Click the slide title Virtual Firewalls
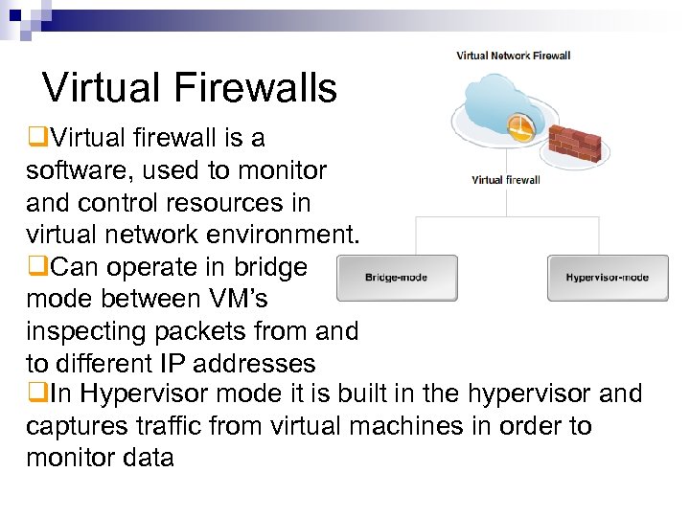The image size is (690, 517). pos(190,88)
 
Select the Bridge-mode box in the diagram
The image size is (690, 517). pos(396,277)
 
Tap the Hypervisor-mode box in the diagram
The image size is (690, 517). pos(607,277)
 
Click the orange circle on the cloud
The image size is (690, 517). pos(520,128)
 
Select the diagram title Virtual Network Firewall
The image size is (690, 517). pos(513,56)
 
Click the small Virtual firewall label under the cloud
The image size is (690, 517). pos(505,179)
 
